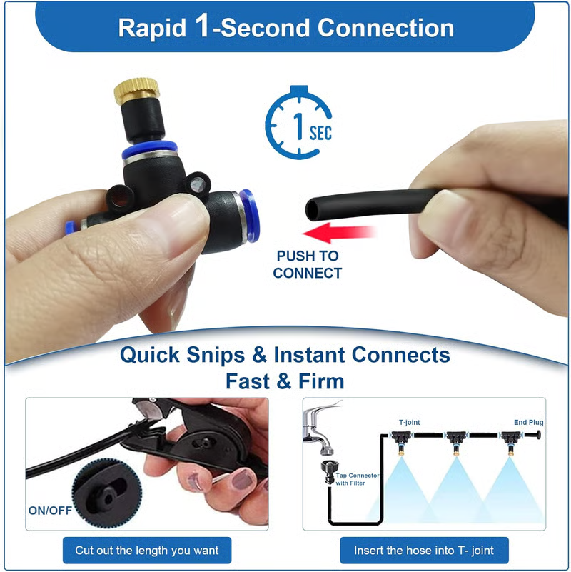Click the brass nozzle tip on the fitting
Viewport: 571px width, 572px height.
tap(137, 91)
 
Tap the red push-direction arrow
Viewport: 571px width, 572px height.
tap(340, 233)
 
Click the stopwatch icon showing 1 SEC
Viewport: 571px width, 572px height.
tap(298, 123)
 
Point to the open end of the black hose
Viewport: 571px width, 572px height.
tap(312, 209)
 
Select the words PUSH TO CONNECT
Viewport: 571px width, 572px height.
tap(308, 264)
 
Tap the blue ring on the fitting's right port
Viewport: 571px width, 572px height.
tap(250, 215)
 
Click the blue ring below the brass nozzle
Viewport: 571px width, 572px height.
tap(149, 149)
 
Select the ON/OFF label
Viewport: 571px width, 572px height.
tap(50, 511)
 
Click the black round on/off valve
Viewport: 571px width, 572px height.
tap(106, 493)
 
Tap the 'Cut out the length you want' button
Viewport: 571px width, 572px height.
tap(147, 550)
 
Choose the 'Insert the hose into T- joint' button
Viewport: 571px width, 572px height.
tap(424, 550)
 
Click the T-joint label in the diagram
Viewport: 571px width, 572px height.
tap(409, 423)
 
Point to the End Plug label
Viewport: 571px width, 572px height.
tap(528, 423)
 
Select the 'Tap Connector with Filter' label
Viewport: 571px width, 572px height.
tap(358, 479)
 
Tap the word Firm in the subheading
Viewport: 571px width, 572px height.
tap(321, 381)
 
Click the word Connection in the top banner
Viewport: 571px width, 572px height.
tap(385, 28)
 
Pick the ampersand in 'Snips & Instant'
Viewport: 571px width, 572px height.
tap(259, 355)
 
